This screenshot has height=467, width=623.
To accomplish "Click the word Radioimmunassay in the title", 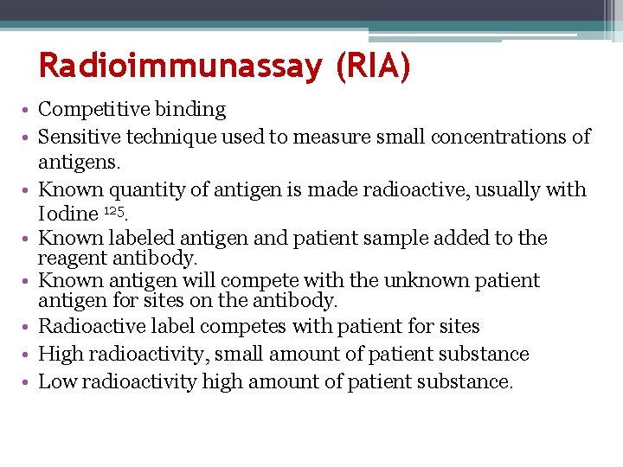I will pyautogui.click(x=180, y=66).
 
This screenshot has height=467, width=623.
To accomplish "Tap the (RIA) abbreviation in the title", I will pyautogui.click(x=371, y=66).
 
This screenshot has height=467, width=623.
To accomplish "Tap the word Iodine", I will pyautogui.click(x=67, y=214).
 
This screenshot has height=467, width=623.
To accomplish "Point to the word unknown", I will pyautogui.click(x=410, y=281).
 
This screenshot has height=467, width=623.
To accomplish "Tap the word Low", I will pyautogui.click(x=58, y=381).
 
